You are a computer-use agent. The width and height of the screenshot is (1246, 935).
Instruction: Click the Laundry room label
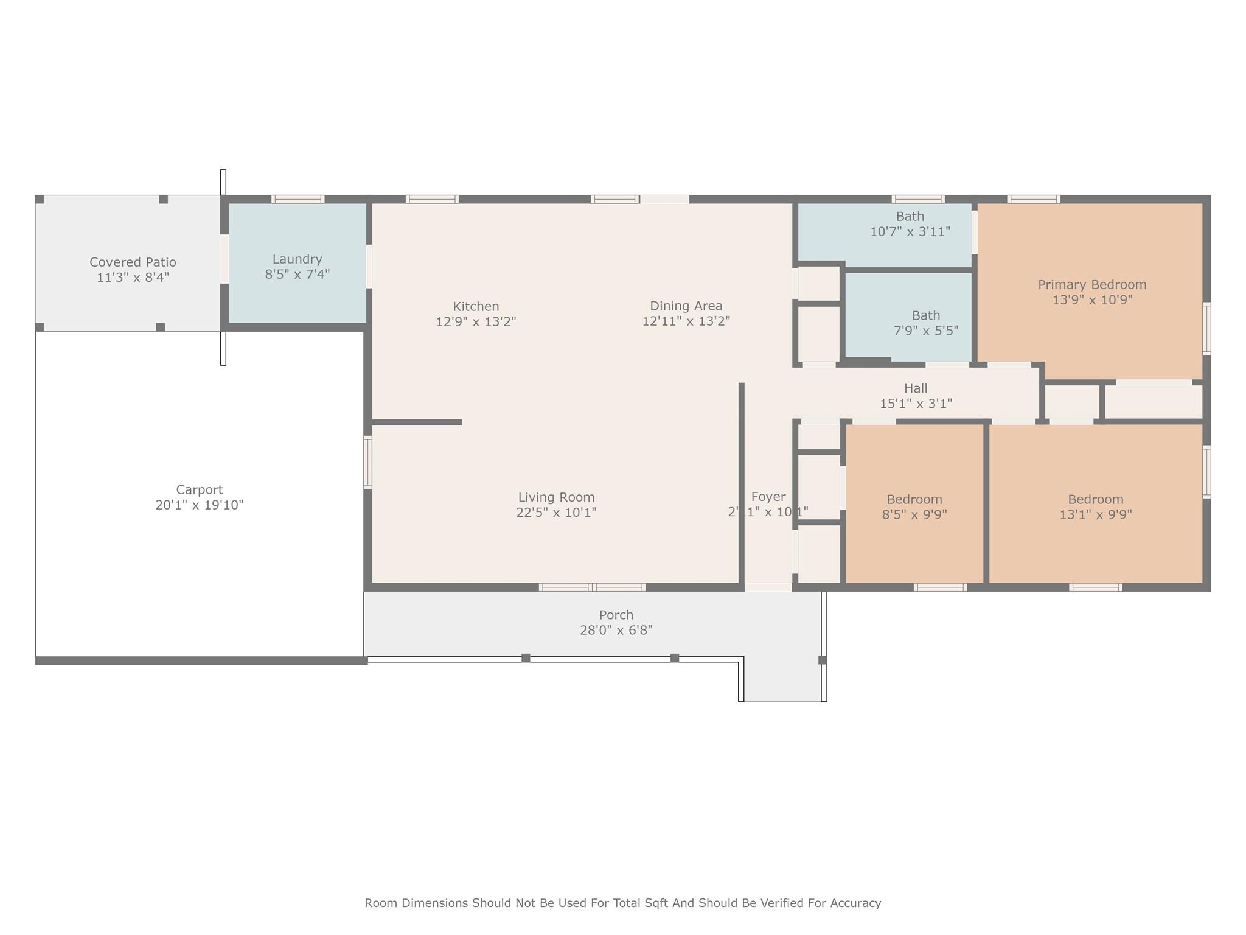click(x=297, y=259)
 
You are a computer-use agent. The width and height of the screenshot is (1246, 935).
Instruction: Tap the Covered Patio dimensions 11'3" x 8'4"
click(x=133, y=278)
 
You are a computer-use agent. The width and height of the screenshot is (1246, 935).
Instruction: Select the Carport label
click(x=199, y=489)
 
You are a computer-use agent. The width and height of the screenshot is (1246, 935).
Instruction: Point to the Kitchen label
click(x=476, y=306)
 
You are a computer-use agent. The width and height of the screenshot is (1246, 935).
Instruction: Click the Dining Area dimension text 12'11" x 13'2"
click(x=686, y=321)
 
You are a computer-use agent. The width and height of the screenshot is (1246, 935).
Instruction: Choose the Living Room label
click(x=556, y=497)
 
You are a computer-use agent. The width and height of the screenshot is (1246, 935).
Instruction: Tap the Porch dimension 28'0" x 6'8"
click(x=616, y=630)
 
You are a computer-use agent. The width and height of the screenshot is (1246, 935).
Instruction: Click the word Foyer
click(x=768, y=496)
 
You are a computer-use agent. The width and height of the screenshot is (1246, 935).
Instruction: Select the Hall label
click(x=915, y=388)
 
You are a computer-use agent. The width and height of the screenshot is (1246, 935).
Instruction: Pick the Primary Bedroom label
click(x=1091, y=284)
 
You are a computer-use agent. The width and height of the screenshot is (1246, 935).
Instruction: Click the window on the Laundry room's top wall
click(x=298, y=199)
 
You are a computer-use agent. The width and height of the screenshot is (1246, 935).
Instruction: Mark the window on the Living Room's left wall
click(x=367, y=462)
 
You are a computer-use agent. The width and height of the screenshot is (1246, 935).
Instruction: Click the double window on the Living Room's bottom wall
click(x=592, y=587)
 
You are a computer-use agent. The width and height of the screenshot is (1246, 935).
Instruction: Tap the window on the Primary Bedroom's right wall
click(x=1206, y=329)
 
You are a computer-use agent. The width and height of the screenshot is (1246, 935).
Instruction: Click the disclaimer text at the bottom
click(x=622, y=903)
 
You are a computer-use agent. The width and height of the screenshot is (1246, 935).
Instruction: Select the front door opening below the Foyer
click(x=768, y=587)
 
